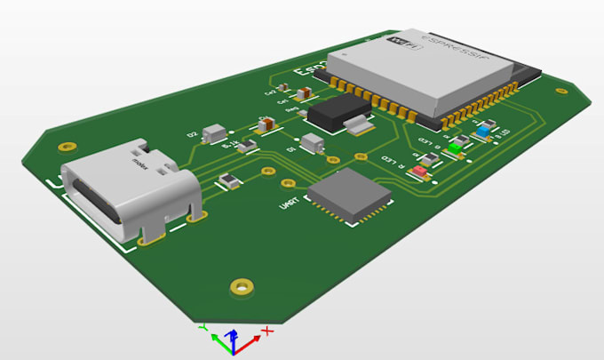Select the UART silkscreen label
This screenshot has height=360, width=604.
coord(289,204)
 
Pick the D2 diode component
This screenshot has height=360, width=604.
coord(214,132)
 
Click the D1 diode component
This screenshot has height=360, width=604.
coord(312,142)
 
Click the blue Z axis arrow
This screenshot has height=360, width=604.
coord(232,336)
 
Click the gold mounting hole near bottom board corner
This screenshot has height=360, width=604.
coord(240,285)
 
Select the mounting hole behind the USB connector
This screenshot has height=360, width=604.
coord(64,147)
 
